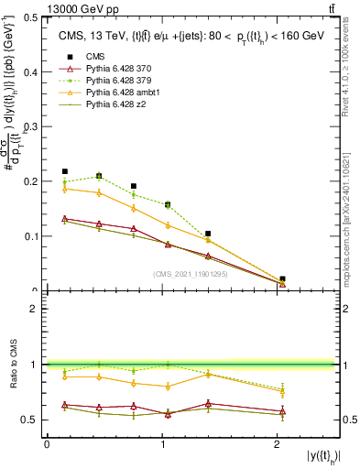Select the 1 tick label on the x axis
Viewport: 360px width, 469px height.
tap(163, 444)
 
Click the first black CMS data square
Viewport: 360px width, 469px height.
tap(64, 171)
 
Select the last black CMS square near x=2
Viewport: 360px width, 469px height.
tap(282, 278)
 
